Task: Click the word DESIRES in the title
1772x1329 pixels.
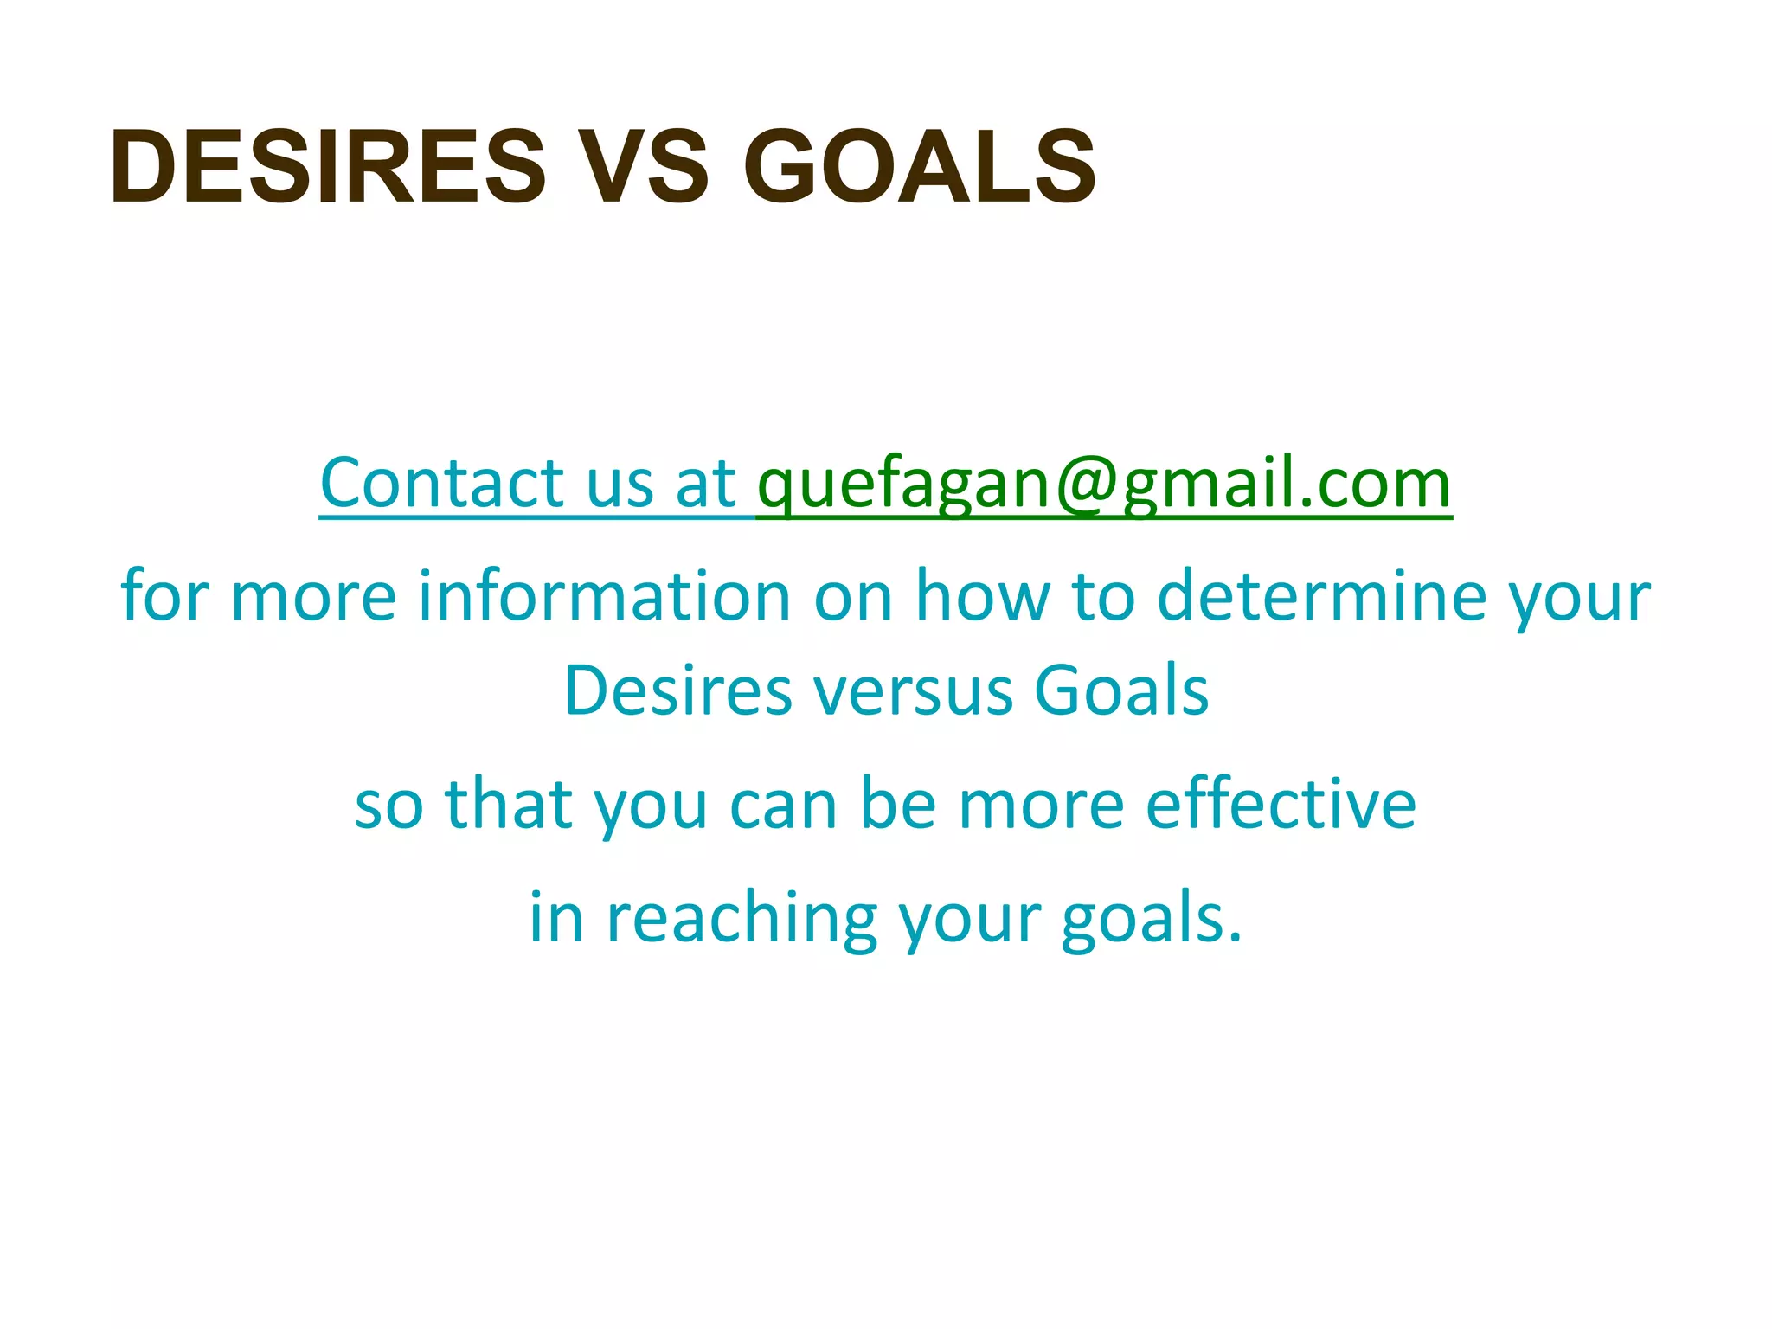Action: click(x=328, y=166)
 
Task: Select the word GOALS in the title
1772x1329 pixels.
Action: click(x=919, y=166)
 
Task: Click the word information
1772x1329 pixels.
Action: click(x=604, y=596)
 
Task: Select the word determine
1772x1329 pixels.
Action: click(x=1320, y=596)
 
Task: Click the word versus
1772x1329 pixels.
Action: click(x=914, y=690)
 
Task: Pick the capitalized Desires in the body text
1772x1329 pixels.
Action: click(x=677, y=690)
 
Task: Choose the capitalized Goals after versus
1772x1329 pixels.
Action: click(x=1121, y=690)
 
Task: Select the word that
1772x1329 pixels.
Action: click(x=509, y=804)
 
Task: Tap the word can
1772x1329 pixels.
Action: click(x=783, y=804)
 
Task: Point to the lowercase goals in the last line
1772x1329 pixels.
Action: click(x=1151, y=919)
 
